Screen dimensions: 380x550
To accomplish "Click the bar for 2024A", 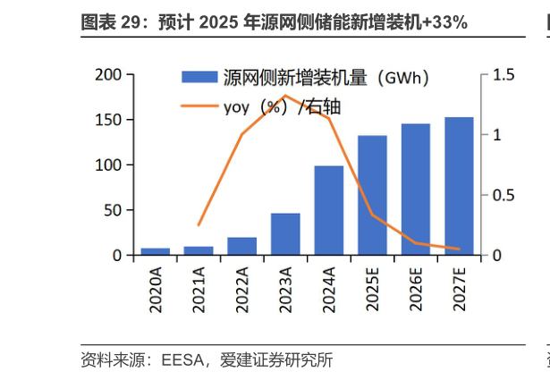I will [328, 211].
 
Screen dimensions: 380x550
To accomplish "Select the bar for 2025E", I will [372, 196].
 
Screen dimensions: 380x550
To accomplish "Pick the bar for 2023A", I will [285, 234].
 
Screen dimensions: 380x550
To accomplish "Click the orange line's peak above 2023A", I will [285, 96].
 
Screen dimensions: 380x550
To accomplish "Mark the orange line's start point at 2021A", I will [199, 225].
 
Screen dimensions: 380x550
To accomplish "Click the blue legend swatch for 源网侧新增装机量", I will [199, 78].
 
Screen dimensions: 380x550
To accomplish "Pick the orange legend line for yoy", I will [199, 107].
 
